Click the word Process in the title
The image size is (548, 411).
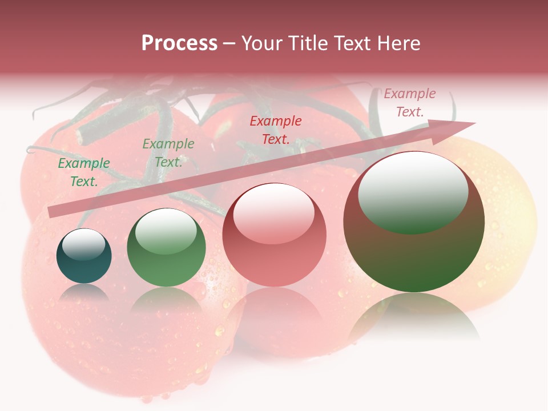179,43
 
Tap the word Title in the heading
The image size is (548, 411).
307,43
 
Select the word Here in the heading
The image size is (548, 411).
399,43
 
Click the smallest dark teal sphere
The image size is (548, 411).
84,256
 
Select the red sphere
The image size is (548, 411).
274,235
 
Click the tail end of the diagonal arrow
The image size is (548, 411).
51,212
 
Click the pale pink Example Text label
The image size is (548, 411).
410,103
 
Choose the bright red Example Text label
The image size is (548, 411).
276,130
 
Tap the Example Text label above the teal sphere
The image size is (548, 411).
84,172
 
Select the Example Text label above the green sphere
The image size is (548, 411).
168,152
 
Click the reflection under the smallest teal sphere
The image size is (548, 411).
84,294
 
